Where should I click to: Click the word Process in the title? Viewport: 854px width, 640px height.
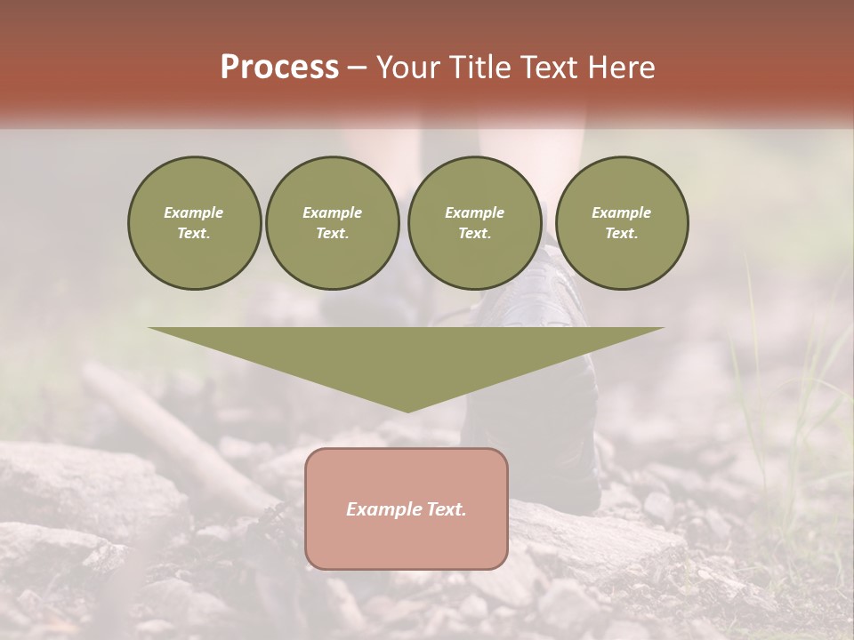pos(279,68)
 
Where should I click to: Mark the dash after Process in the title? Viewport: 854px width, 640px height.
pos(356,68)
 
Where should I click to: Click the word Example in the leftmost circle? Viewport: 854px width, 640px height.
pos(194,212)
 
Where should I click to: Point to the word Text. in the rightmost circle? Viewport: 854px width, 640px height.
pos(621,233)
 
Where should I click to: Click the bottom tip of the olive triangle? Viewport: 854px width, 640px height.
pos(407,410)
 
